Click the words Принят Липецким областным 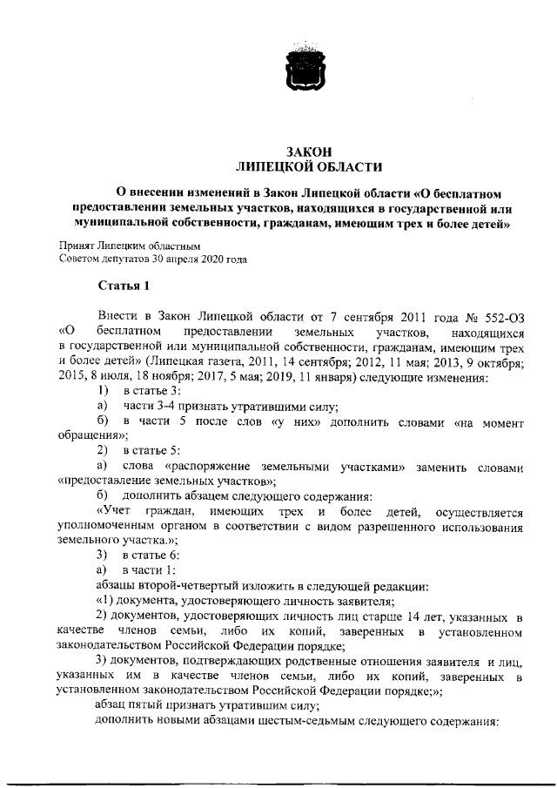click(x=123, y=246)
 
